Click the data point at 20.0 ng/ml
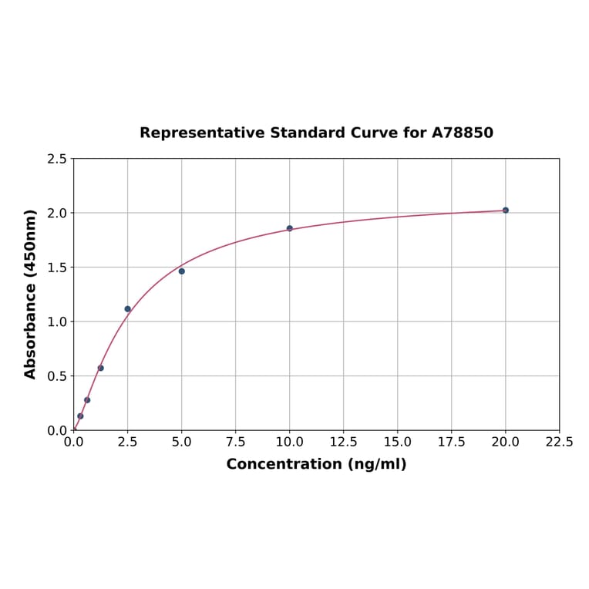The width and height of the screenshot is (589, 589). click(506, 210)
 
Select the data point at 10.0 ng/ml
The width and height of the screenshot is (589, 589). click(290, 228)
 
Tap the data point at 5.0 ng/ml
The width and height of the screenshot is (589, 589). click(182, 271)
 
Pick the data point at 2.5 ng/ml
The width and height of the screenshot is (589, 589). click(128, 309)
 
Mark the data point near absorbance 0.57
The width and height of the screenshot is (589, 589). click(101, 368)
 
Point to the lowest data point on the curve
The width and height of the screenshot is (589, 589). click(80, 416)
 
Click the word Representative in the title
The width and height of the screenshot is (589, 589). click(202, 133)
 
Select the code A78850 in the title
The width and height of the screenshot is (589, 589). click(462, 133)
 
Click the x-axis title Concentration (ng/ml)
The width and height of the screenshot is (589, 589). click(316, 464)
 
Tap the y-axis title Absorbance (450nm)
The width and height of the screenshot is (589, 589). click(31, 294)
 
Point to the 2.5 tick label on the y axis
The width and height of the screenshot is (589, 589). click(57, 159)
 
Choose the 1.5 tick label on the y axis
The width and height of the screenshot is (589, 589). click(57, 268)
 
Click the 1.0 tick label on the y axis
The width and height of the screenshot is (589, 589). click(57, 321)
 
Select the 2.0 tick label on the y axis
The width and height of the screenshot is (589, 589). click(57, 213)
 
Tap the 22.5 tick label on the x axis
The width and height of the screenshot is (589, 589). click(559, 443)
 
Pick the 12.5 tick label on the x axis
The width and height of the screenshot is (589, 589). click(343, 443)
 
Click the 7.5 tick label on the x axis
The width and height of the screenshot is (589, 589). click(236, 443)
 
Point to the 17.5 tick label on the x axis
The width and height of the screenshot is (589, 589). click(451, 443)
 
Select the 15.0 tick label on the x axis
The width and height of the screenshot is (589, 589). click(397, 443)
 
